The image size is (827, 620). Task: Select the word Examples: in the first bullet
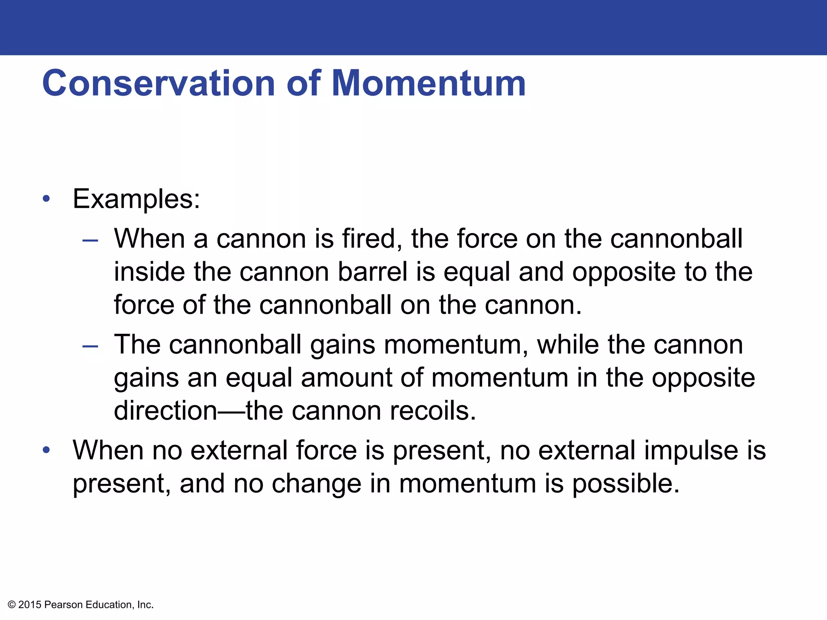(x=136, y=199)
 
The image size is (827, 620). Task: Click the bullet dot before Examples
(x=46, y=199)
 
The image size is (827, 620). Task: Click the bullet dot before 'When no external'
(x=46, y=450)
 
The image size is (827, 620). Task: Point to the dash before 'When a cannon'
(x=90, y=241)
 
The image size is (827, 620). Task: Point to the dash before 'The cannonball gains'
(x=90, y=346)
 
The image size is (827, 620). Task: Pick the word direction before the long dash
(x=166, y=411)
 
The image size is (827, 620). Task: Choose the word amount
(x=346, y=378)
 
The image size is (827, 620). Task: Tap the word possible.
(x=625, y=484)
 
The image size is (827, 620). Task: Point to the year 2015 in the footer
(x=30, y=605)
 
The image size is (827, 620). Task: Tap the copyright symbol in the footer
(x=12, y=605)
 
